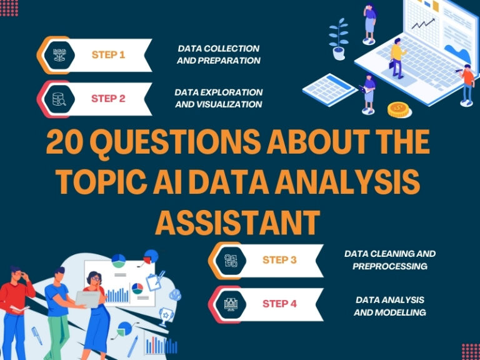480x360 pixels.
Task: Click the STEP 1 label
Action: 108,54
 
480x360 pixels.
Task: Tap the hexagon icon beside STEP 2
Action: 60,99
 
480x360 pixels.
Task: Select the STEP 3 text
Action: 279,260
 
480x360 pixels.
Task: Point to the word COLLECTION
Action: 234,48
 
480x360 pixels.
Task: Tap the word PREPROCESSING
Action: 389,266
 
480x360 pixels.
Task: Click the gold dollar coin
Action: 398,110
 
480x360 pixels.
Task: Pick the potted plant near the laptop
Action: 339,39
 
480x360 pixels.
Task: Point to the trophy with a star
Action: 166,316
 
